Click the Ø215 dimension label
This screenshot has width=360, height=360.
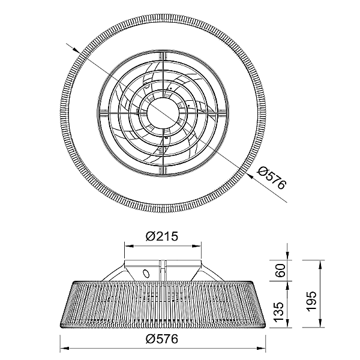tap(162, 236)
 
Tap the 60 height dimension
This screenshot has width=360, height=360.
tap(280, 270)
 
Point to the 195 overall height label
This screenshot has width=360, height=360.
tap(312, 301)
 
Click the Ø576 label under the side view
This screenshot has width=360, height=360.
tap(162, 339)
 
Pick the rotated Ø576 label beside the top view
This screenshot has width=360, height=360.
tap(272, 178)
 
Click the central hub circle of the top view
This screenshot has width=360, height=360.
tap(163, 114)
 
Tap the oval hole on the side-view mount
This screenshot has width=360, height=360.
tap(146, 274)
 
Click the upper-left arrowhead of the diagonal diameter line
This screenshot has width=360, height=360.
tap(76, 50)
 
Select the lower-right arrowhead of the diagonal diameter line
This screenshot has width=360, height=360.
tap(250, 176)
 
